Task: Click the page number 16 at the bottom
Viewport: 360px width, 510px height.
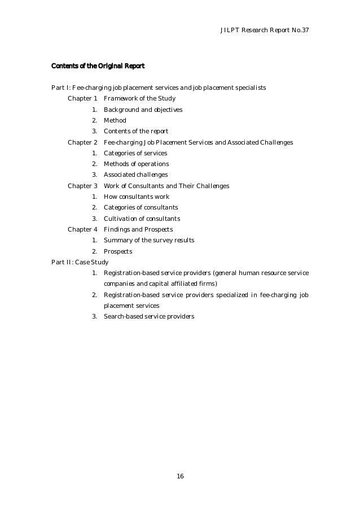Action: (180, 477)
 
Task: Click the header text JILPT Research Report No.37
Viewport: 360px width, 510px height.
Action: (265, 29)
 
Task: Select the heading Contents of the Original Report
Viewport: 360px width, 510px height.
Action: (98, 67)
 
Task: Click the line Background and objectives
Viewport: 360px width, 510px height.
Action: (143, 110)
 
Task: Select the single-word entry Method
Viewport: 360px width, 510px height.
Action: (115, 120)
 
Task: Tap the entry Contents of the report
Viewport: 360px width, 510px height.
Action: (136, 132)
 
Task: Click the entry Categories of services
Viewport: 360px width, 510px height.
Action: (135, 153)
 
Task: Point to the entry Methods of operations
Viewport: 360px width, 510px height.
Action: (136, 164)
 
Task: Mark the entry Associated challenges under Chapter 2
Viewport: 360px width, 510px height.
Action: (135, 175)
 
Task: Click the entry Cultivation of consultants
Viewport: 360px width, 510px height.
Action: (142, 219)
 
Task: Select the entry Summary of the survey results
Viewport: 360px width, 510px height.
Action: (149, 240)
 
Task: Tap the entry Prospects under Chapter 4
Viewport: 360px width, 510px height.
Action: (118, 251)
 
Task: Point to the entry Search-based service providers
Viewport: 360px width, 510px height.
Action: (149, 316)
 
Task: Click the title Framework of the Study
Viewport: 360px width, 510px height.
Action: (139, 99)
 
